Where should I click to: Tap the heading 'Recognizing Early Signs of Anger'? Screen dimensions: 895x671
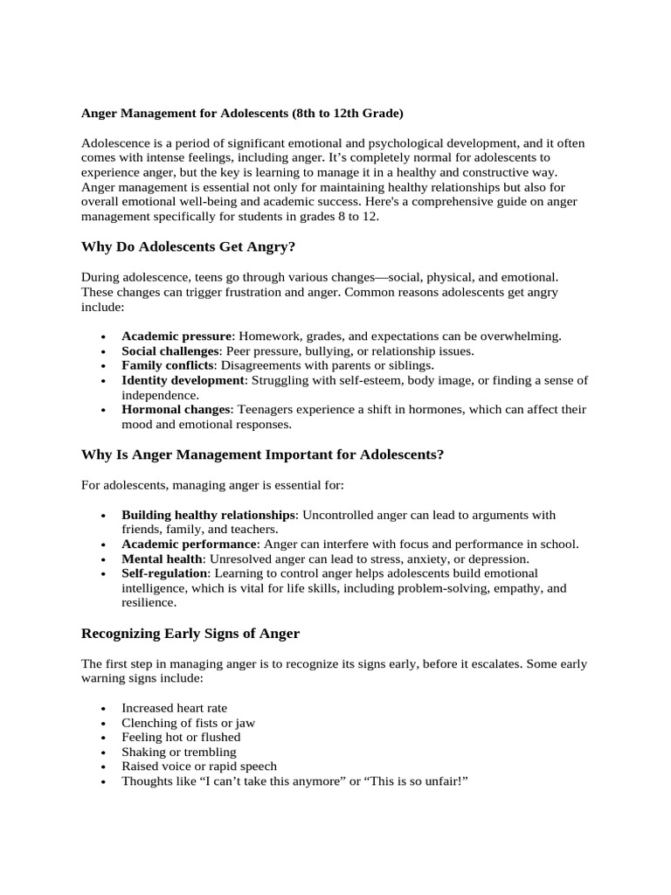(190, 633)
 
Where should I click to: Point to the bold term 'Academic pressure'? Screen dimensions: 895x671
(176, 336)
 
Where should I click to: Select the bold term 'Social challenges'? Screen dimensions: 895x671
(170, 350)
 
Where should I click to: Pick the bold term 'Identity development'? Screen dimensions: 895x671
(183, 380)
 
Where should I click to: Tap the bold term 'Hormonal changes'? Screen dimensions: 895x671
(176, 409)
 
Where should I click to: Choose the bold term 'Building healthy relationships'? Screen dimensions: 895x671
(209, 515)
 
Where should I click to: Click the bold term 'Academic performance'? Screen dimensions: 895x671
(183, 544)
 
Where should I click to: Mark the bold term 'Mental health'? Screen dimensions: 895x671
(163, 559)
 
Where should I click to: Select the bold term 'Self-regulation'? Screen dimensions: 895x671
(165, 572)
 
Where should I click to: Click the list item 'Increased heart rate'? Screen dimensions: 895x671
(175, 708)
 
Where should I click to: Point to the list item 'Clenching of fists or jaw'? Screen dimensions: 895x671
(188, 723)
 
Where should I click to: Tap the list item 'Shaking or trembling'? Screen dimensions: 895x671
(178, 752)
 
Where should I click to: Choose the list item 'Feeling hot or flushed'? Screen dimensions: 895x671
(181, 737)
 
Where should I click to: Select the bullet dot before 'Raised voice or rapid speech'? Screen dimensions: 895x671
(104, 767)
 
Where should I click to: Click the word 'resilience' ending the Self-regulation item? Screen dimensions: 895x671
(148, 602)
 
